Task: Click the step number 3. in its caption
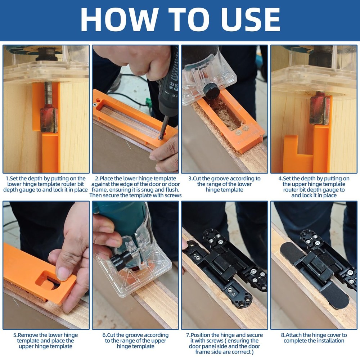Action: (x=191, y=179)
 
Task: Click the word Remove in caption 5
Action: (x=33, y=335)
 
